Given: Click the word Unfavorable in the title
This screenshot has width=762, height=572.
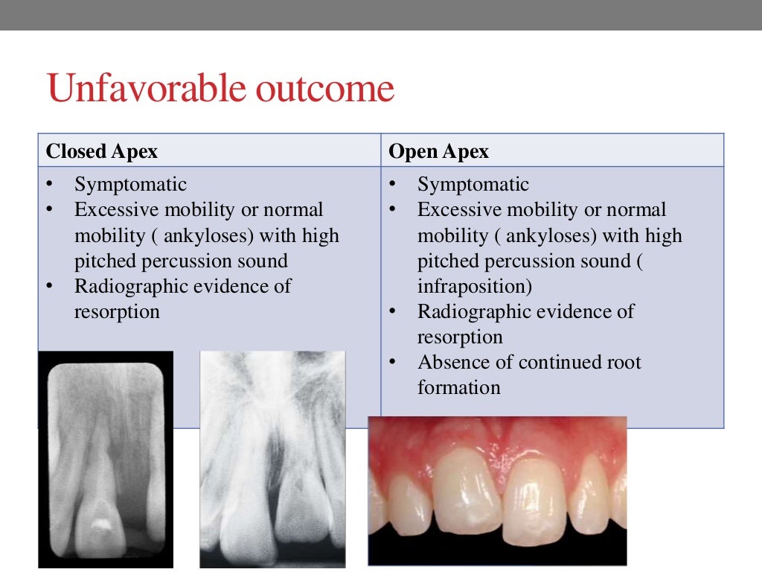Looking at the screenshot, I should [x=146, y=89].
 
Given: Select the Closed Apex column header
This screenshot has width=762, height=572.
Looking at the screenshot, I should [x=102, y=152].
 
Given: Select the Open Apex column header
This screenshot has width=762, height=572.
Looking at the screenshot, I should [x=439, y=152].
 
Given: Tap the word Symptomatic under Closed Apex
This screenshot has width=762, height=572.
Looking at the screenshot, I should [x=130, y=185].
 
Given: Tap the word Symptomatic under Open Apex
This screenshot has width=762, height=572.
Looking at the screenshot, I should [x=473, y=185].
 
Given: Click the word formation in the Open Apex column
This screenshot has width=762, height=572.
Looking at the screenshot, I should [x=458, y=388].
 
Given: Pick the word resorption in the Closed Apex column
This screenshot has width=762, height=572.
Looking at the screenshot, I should [x=117, y=311].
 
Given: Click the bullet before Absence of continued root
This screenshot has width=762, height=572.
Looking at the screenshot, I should [x=392, y=363].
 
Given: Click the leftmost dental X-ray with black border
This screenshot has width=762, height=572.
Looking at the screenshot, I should [x=105, y=458].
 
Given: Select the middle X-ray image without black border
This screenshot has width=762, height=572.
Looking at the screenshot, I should [x=272, y=458].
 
